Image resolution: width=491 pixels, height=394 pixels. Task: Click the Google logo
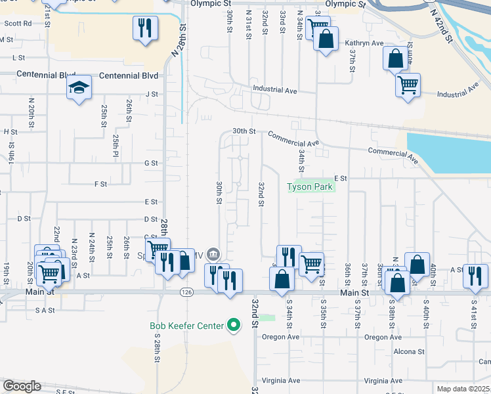click(22, 386)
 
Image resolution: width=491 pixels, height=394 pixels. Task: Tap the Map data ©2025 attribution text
click(463, 389)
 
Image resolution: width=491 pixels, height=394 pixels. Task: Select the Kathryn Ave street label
click(364, 43)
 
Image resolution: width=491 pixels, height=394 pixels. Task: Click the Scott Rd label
click(18, 23)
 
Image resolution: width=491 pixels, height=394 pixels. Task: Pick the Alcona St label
click(410, 351)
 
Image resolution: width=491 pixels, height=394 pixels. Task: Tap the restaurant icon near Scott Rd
click(145, 28)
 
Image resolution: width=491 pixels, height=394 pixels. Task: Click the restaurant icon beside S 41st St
click(475, 276)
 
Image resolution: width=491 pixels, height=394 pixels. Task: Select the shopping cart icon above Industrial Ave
click(408, 85)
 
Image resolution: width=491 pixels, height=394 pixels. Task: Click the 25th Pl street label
click(116, 141)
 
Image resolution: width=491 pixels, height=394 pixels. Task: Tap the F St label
click(100, 185)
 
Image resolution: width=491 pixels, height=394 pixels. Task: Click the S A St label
click(45, 310)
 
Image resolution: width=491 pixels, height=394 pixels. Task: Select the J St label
click(152, 94)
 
